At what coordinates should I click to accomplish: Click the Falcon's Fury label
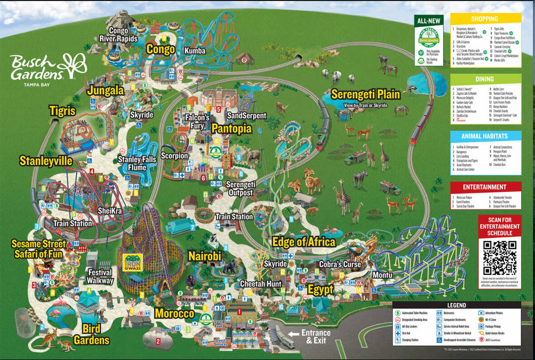(x=197, y=121)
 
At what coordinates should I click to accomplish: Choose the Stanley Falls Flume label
(x=137, y=164)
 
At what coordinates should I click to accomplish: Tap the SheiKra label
(x=109, y=211)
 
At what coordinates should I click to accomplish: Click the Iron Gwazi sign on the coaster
(x=133, y=263)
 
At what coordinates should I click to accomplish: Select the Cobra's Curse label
(x=340, y=264)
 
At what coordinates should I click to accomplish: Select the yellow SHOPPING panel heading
(x=485, y=19)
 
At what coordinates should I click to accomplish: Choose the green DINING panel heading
(x=485, y=79)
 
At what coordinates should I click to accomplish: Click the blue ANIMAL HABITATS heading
(x=485, y=136)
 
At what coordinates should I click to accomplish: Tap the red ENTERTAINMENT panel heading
(x=485, y=187)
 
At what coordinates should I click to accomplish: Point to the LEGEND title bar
(x=456, y=305)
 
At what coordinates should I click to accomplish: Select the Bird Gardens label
(x=91, y=334)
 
